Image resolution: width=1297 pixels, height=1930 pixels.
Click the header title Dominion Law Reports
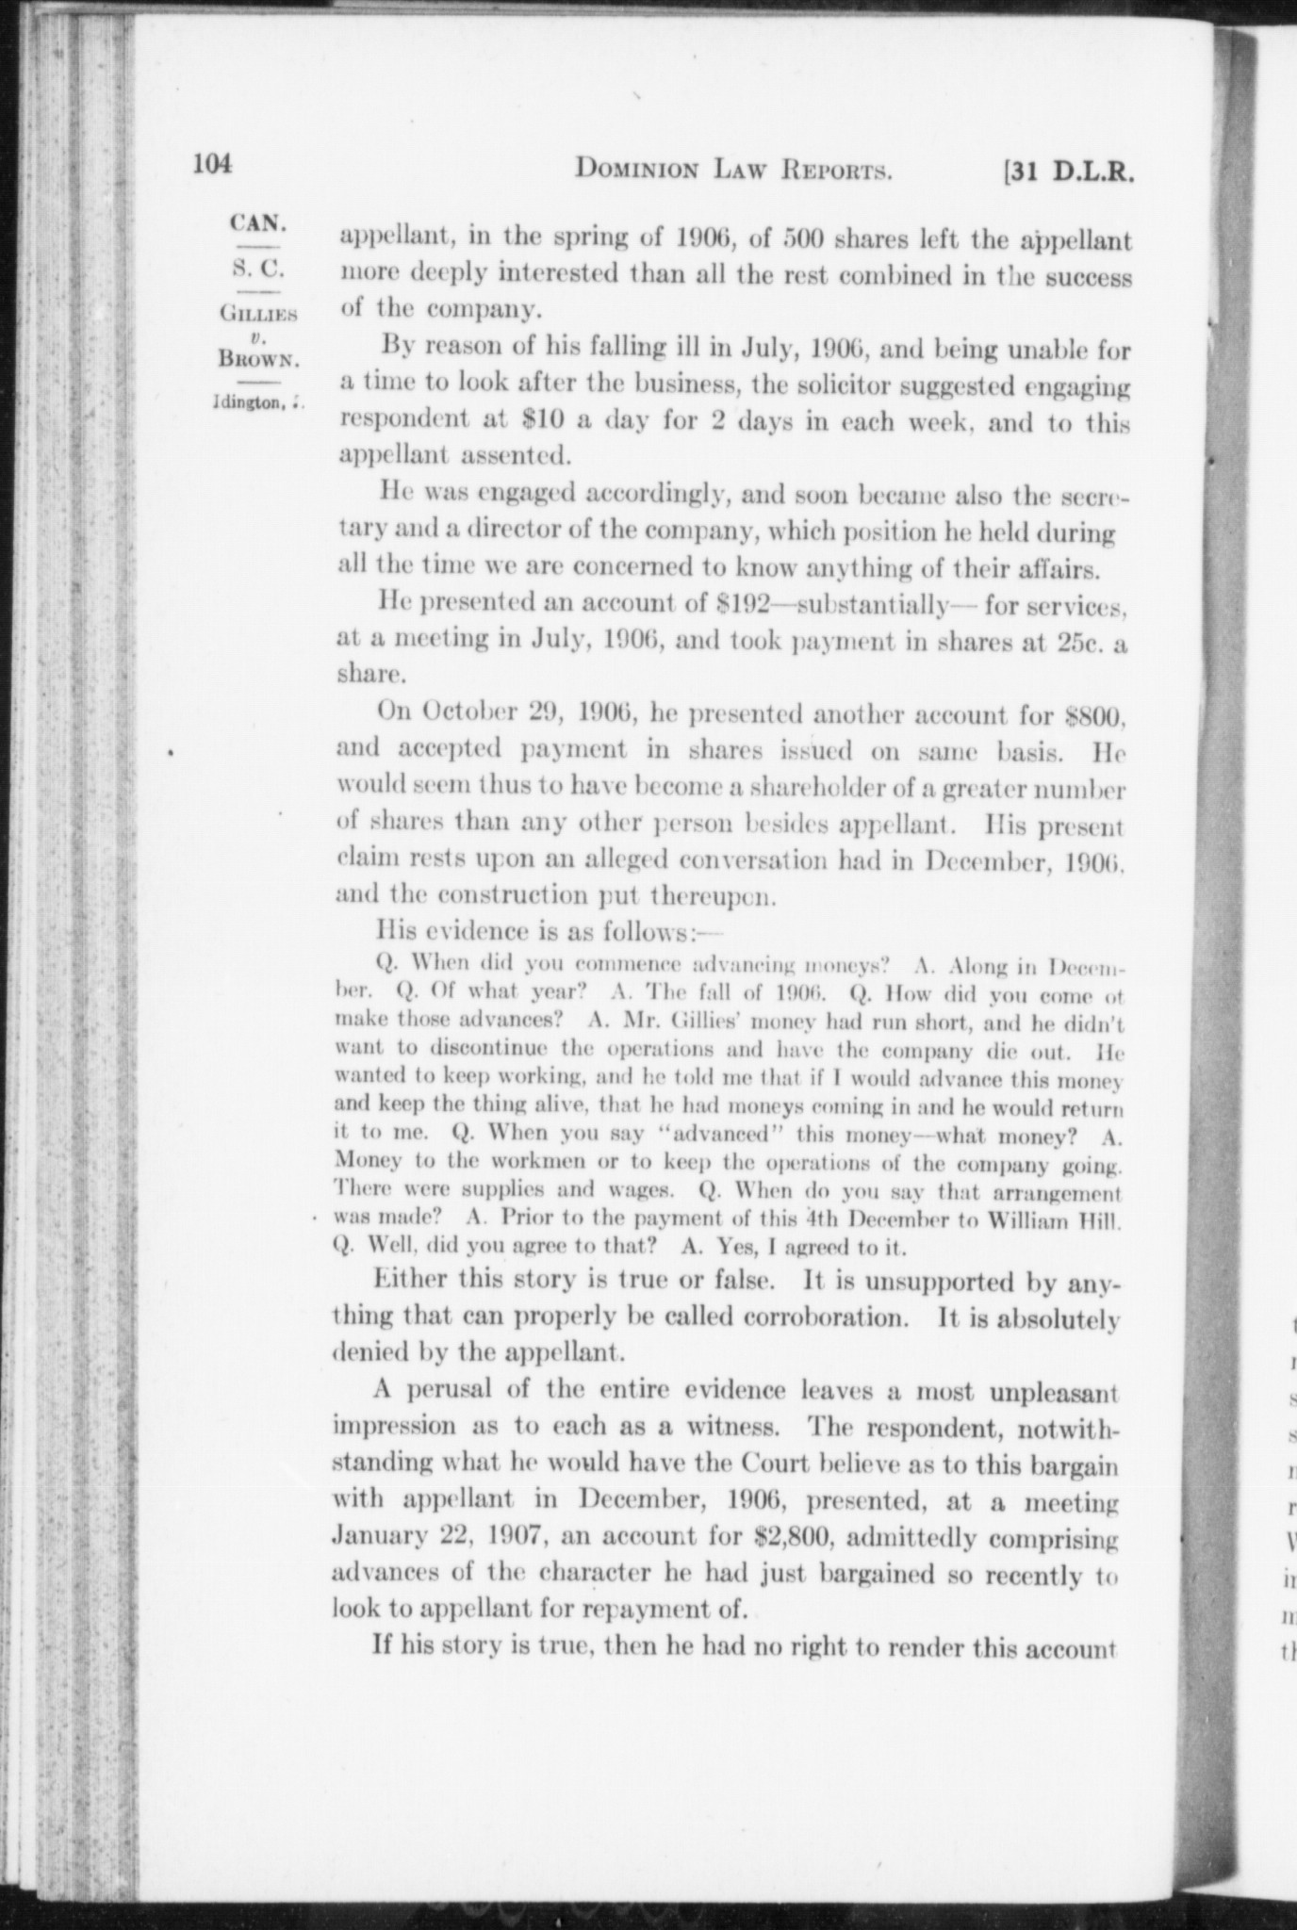(x=734, y=171)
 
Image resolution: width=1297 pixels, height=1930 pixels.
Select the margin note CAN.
(x=257, y=225)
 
